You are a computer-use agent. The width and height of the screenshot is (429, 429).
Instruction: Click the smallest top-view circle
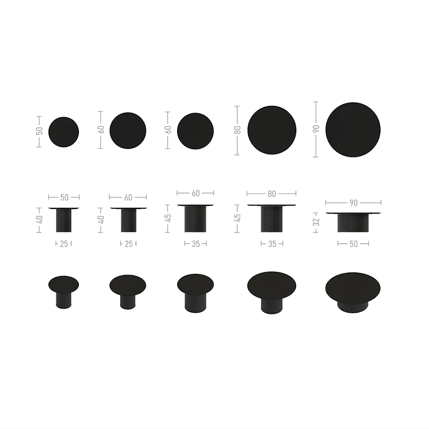click(x=63, y=132)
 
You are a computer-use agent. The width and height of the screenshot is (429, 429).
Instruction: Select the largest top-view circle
click(x=353, y=130)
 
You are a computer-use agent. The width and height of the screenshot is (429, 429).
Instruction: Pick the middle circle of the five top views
click(x=195, y=131)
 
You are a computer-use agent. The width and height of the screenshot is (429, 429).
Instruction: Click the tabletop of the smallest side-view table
click(x=63, y=208)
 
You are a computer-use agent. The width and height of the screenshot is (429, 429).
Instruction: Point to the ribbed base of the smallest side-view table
click(x=63, y=221)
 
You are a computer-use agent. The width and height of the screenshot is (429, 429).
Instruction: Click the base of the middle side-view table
click(x=195, y=220)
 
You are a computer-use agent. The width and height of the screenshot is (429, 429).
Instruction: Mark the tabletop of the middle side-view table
click(x=195, y=204)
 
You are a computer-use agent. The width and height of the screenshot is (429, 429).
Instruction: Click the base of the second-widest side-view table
click(x=272, y=220)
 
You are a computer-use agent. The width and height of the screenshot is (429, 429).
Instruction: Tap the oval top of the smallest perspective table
click(x=63, y=284)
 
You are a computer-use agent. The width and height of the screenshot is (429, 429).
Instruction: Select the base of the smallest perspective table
click(x=63, y=300)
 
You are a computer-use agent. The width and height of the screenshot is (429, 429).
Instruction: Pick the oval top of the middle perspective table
click(x=195, y=284)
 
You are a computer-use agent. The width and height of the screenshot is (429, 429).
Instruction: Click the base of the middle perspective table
click(x=195, y=304)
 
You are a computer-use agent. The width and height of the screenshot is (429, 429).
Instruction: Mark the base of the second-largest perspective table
click(x=272, y=305)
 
